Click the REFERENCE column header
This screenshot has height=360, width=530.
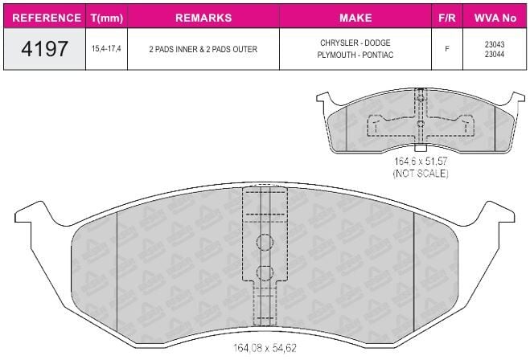tap(47, 18)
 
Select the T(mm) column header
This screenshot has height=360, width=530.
tap(107, 18)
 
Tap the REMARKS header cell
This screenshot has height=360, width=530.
tap(203, 18)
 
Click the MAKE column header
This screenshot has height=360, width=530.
tap(355, 18)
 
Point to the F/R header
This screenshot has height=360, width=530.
tap(447, 18)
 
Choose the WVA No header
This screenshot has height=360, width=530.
tap(495, 18)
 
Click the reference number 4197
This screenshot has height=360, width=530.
tap(44, 49)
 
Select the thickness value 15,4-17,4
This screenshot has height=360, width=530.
tap(106, 49)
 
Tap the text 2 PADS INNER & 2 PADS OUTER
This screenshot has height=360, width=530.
tap(203, 49)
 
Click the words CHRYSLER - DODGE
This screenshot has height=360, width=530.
tap(355, 43)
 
